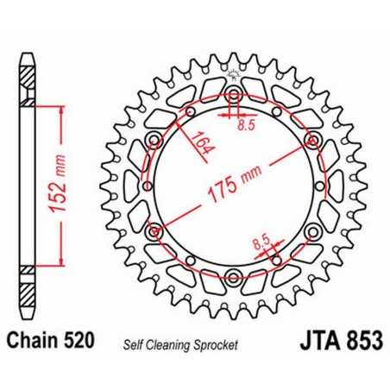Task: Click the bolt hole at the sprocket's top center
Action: coord(233,94)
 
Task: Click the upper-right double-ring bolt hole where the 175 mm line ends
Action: coord(311,139)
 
